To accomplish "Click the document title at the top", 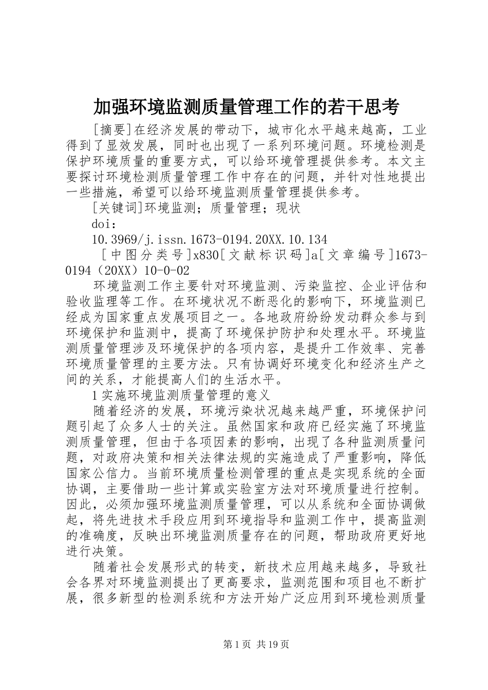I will pos(246,107).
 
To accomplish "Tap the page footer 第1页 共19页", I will pos(243,644).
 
